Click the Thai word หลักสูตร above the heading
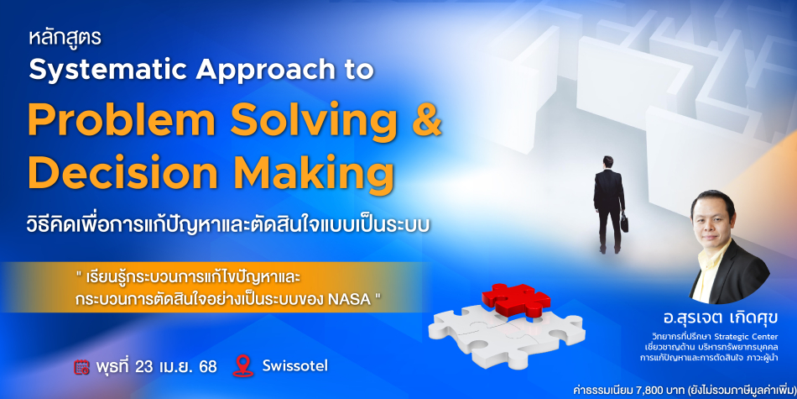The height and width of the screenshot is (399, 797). click(65, 39)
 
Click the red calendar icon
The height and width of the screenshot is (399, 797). click(81, 367)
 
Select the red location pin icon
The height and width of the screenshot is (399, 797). click(243, 366)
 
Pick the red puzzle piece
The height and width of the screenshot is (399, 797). click(517, 298)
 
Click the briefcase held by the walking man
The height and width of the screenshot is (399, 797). click(623, 223)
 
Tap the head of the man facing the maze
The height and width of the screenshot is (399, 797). click(608, 162)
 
